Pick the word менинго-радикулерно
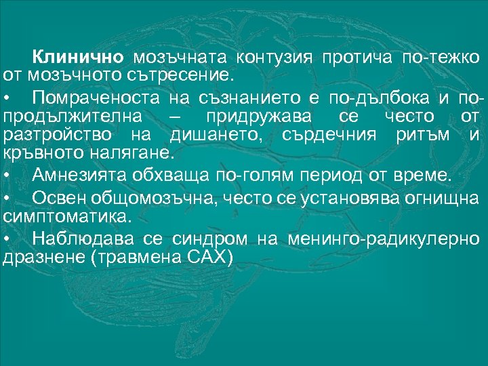click(383, 239)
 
